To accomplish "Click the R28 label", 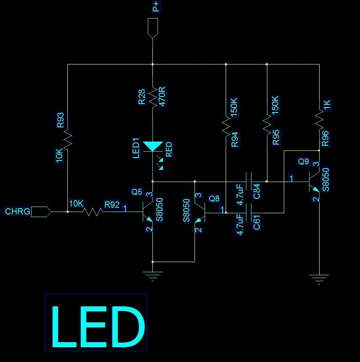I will pyautogui.click(x=142, y=97).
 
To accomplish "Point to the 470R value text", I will pyautogui.click(x=163, y=97).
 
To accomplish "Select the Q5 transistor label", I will pyautogui.click(x=137, y=192).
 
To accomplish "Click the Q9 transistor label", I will pyautogui.click(x=304, y=161).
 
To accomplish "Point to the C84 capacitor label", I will pyautogui.click(x=257, y=191).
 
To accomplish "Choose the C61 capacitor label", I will pyautogui.click(x=257, y=222).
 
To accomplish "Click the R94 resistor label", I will pyautogui.click(x=235, y=139).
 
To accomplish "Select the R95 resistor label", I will pyautogui.click(x=276, y=137).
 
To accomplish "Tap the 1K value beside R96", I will pyautogui.click(x=327, y=105).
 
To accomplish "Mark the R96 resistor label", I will pyautogui.click(x=325, y=139).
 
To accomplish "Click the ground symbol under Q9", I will pyautogui.click(x=319, y=278).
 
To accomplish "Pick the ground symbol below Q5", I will pyautogui.click(x=152, y=276).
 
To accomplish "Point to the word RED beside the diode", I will pyautogui.click(x=169, y=150).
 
